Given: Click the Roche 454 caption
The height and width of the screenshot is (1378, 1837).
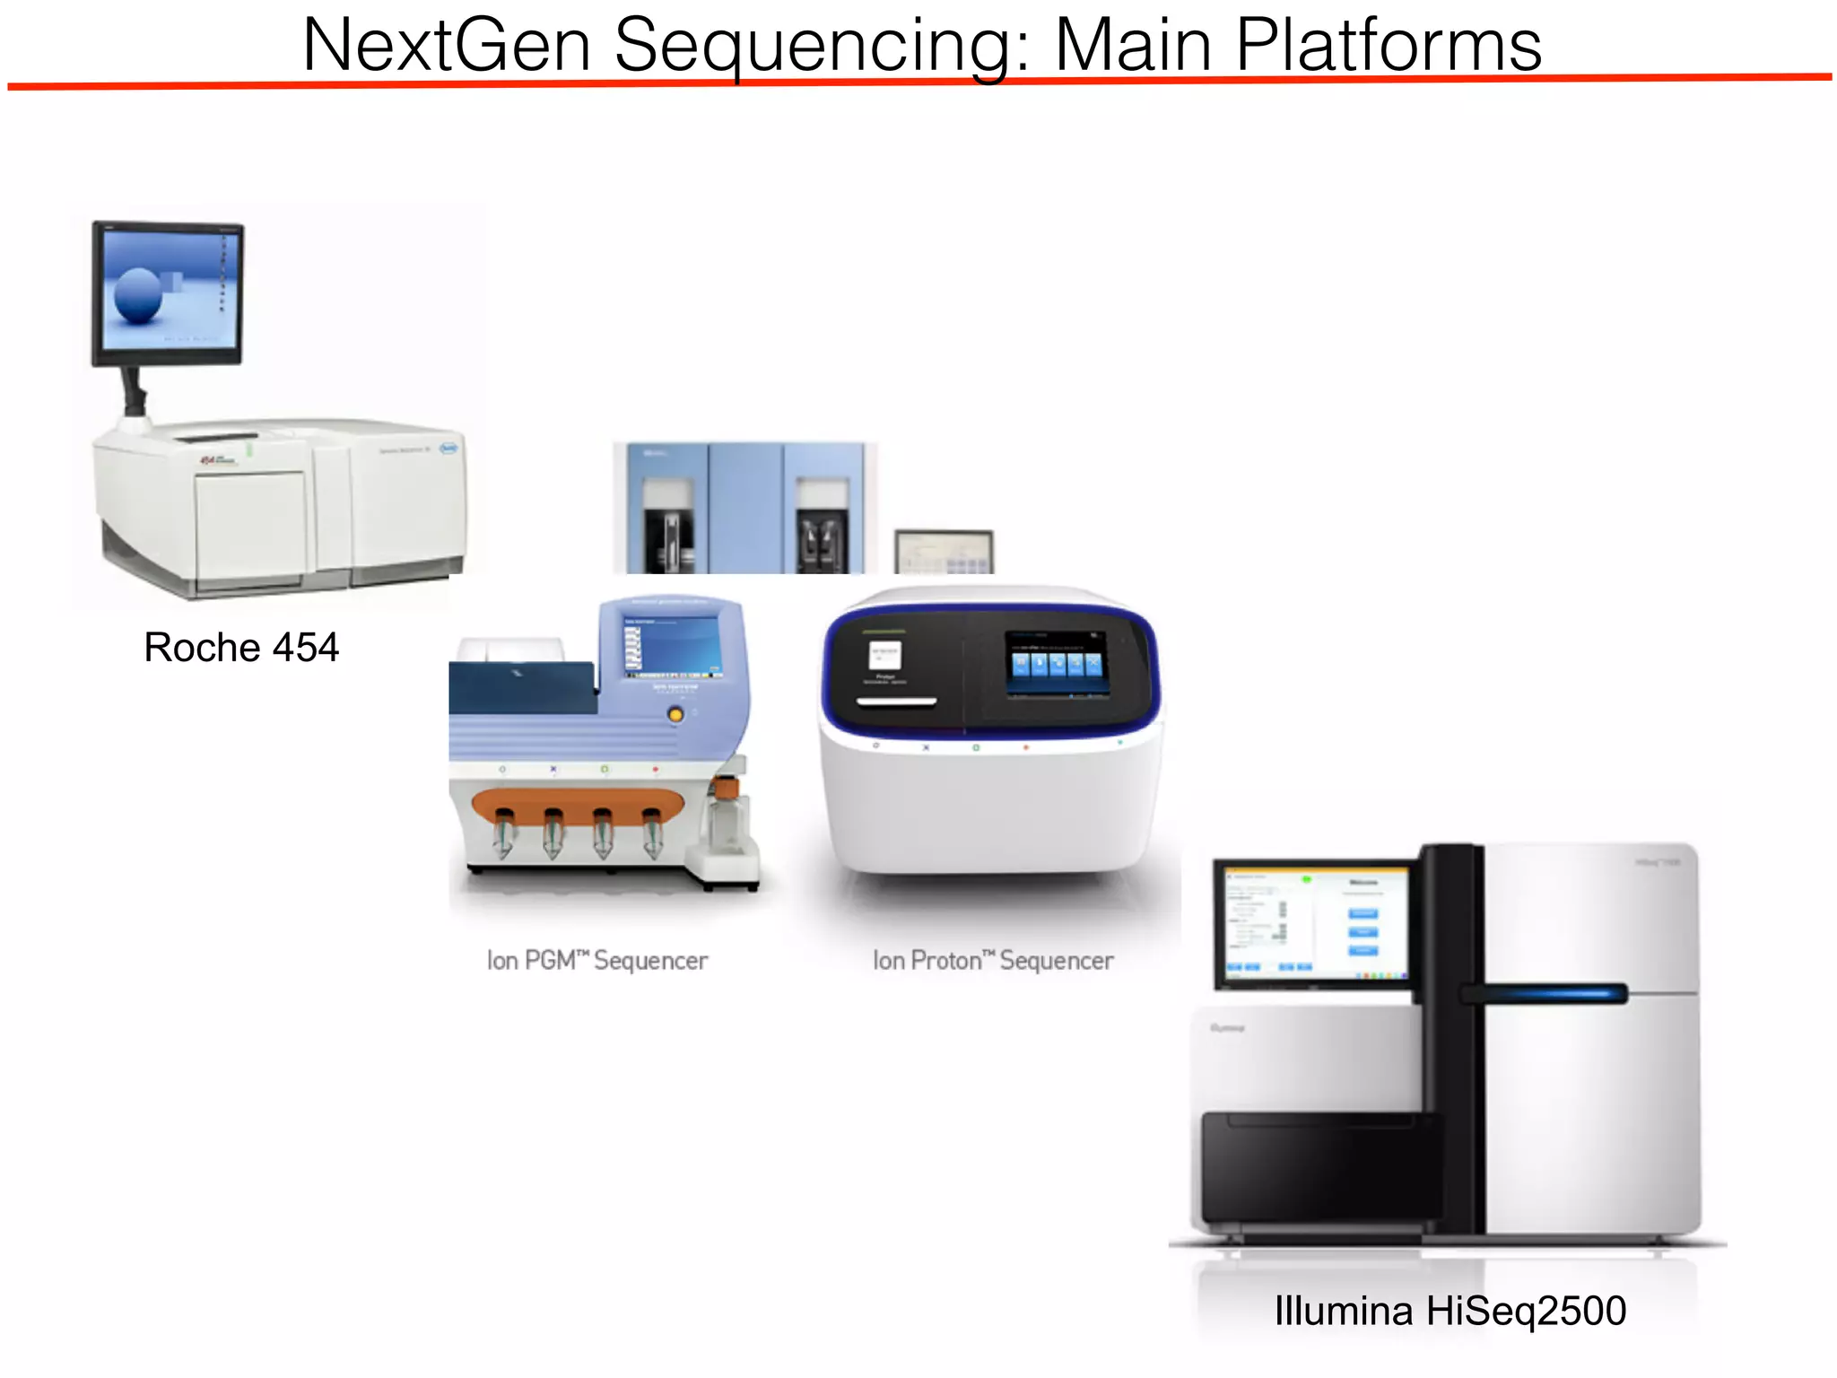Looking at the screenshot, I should (x=241, y=648).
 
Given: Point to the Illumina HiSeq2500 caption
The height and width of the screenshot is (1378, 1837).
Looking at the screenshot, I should (x=1450, y=1311).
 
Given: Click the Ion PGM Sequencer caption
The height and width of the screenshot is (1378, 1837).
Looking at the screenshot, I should (x=597, y=961).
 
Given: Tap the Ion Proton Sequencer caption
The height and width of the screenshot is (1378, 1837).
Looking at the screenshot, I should (x=993, y=961).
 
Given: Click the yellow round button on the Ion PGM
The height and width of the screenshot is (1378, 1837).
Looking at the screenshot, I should (x=675, y=714).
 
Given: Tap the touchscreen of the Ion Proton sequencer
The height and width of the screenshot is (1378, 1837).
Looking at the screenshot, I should (x=1057, y=663).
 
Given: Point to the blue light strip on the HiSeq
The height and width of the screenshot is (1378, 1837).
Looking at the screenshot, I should (x=1545, y=993).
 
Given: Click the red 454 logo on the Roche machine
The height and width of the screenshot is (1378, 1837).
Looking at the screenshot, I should (x=209, y=460).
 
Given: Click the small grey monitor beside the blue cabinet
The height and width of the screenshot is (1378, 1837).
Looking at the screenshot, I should (x=944, y=551).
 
